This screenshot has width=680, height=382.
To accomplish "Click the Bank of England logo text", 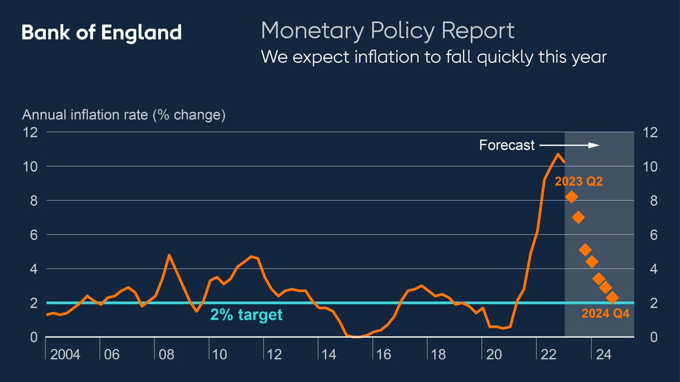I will [x=101, y=32].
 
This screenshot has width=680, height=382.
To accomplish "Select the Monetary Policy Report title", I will [x=388, y=31].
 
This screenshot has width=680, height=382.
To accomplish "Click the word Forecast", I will [x=507, y=145].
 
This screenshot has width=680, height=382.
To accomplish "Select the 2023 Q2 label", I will [x=578, y=182].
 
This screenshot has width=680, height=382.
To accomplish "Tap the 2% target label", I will [x=246, y=315].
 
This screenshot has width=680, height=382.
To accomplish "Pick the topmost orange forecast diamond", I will [x=571, y=197].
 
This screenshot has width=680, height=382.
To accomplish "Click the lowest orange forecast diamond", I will [x=612, y=298].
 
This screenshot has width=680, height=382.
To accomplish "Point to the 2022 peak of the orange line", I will [x=558, y=154].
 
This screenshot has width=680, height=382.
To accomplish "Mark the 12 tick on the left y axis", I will [x=29, y=132].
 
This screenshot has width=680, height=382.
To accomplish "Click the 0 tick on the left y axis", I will [x=33, y=337].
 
